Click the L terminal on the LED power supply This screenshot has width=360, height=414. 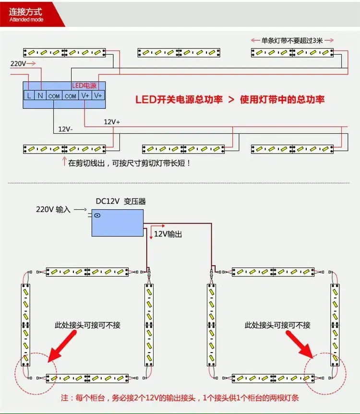(x=29, y=95)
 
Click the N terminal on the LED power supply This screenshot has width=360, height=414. (x=40, y=95)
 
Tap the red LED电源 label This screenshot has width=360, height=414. (x=84, y=85)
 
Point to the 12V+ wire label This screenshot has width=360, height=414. (x=112, y=122)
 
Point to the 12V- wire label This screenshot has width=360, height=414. (x=65, y=129)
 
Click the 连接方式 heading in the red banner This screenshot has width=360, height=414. (x=25, y=12)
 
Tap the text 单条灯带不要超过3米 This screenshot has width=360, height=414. (x=292, y=40)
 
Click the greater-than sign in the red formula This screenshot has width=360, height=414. (x=231, y=99)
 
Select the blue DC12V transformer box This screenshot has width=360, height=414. (x=118, y=223)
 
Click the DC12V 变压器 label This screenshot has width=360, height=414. (x=120, y=201)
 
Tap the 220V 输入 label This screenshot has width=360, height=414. (x=53, y=210)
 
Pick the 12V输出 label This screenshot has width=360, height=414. (x=168, y=234)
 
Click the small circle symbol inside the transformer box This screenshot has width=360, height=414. (x=97, y=215)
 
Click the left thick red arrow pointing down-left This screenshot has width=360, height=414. (x=62, y=346)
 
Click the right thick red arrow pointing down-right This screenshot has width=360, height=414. (x=300, y=345)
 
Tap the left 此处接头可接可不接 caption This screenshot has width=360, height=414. (x=87, y=325)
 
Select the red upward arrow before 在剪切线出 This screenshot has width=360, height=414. (x=64, y=161)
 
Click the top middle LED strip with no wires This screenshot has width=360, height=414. (x=179, y=53)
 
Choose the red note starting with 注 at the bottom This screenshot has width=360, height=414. (x=180, y=398)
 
